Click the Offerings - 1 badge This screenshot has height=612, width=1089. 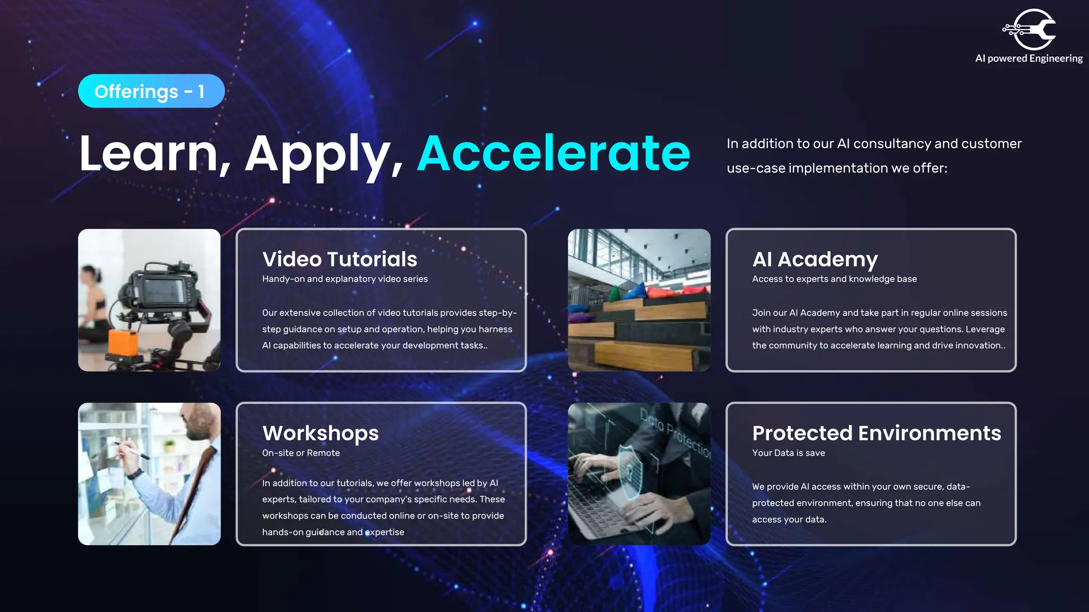(x=151, y=91)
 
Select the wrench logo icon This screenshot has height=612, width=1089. (x=1031, y=29)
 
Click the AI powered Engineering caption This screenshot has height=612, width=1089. (x=1028, y=58)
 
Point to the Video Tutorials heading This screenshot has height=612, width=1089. (x=339, y=259)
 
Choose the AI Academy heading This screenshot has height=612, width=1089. (x=815, y=259)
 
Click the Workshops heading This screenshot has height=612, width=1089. (x=320, y=433)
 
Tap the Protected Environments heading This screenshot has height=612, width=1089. (x=876, y=433)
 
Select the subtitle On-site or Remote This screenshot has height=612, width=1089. (x=300, y=453)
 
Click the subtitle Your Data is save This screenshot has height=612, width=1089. (x=788, y=453)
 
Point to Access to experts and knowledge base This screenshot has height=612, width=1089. (x=834, y=279)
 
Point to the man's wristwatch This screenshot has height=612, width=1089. (x=136, y=474)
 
